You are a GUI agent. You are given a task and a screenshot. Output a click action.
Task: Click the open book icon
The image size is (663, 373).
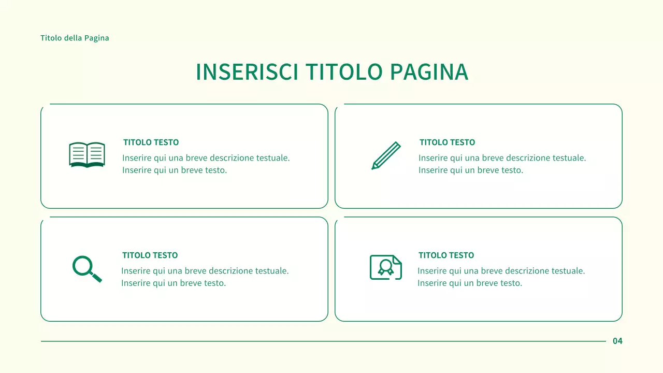tap(87, 154)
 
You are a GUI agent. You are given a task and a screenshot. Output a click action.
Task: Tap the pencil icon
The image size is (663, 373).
tap(386, 155)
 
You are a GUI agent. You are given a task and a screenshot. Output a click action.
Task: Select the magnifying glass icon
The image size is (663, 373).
tap(87, 268)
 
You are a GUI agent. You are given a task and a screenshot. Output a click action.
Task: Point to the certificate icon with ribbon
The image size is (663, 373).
tap(386, 267)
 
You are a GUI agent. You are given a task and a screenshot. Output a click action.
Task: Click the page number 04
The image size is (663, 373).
tap(617, 341)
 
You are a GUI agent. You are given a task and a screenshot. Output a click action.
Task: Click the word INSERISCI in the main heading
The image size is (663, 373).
tap(247, 72)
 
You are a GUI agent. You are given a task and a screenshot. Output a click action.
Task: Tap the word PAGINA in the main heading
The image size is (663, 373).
tap(429, 72)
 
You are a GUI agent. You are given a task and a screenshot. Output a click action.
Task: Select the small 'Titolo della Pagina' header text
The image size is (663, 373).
tap(75, 38)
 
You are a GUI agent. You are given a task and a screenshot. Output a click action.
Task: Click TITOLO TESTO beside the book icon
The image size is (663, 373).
tap(151, 142)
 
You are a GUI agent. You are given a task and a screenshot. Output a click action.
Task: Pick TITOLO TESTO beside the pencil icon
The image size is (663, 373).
tap(447, 142)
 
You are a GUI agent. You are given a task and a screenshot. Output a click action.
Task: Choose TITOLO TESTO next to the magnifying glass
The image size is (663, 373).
tap(150, 255)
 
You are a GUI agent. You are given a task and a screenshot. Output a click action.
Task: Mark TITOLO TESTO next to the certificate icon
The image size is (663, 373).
tap(446, 255)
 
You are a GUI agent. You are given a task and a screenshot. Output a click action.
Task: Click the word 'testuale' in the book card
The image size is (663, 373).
tap(272, 158)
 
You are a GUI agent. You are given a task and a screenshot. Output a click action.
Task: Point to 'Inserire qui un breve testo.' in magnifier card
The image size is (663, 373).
tap(174, 283)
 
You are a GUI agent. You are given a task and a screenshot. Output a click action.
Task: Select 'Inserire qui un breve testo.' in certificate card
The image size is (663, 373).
tap(470, 283)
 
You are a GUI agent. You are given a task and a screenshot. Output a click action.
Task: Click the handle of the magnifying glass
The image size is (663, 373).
tap(97, 277)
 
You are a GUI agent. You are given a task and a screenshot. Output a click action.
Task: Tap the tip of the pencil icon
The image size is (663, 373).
tap(373, 167)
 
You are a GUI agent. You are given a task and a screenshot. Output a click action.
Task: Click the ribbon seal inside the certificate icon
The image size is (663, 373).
tap(385, 267)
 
